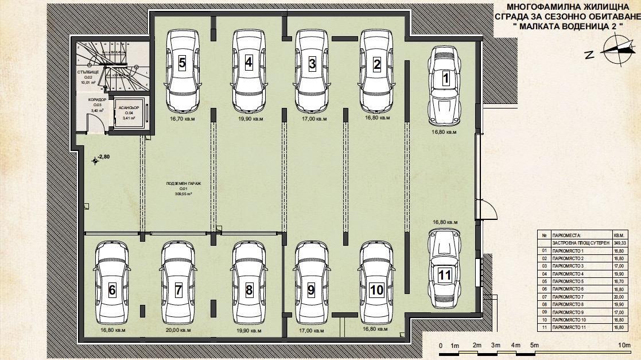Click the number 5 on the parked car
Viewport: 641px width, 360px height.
[x=182, y=63]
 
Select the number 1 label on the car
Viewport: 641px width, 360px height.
[x=445, y=79]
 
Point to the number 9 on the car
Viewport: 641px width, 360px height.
[x=311, y=290]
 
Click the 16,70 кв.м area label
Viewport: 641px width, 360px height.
[x=182, y=119]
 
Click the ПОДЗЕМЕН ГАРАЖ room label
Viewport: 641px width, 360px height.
[x=184, y=184]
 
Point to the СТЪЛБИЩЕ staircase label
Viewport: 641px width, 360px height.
[x=89, y=72]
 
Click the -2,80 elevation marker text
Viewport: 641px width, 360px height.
[x=104, y=156]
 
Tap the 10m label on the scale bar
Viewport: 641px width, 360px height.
[x=625, y=345]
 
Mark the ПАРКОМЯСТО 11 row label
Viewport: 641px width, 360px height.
[x=568, y=327]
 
